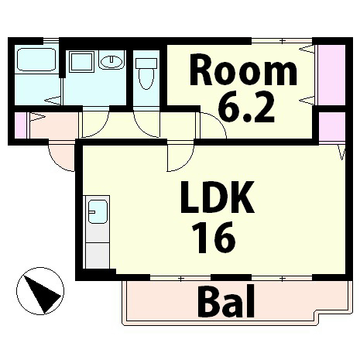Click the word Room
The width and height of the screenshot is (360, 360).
click(243, 71)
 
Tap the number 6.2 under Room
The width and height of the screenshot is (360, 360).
click(246, 108)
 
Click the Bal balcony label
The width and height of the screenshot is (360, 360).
click(225, 303)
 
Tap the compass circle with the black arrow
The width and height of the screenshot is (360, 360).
click(39, 291)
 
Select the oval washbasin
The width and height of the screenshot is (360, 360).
click(111, 61)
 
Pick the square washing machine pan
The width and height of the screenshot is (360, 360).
click(81, 61)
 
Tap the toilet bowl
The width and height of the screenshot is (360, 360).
click(145, 74)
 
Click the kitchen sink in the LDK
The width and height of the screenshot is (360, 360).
click(97, 211)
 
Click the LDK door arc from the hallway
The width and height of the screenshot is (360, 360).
click(177, 158)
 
